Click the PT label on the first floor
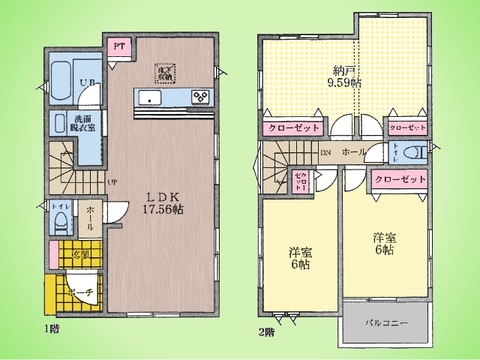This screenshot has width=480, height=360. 118,46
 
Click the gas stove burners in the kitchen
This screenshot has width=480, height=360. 200,97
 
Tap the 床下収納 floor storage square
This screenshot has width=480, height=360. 162,72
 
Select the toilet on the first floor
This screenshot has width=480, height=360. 60,218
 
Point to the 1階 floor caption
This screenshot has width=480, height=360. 48,329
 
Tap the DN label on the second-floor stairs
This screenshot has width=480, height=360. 326,153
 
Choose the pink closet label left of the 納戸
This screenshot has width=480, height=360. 293,129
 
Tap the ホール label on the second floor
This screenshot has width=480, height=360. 354,153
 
